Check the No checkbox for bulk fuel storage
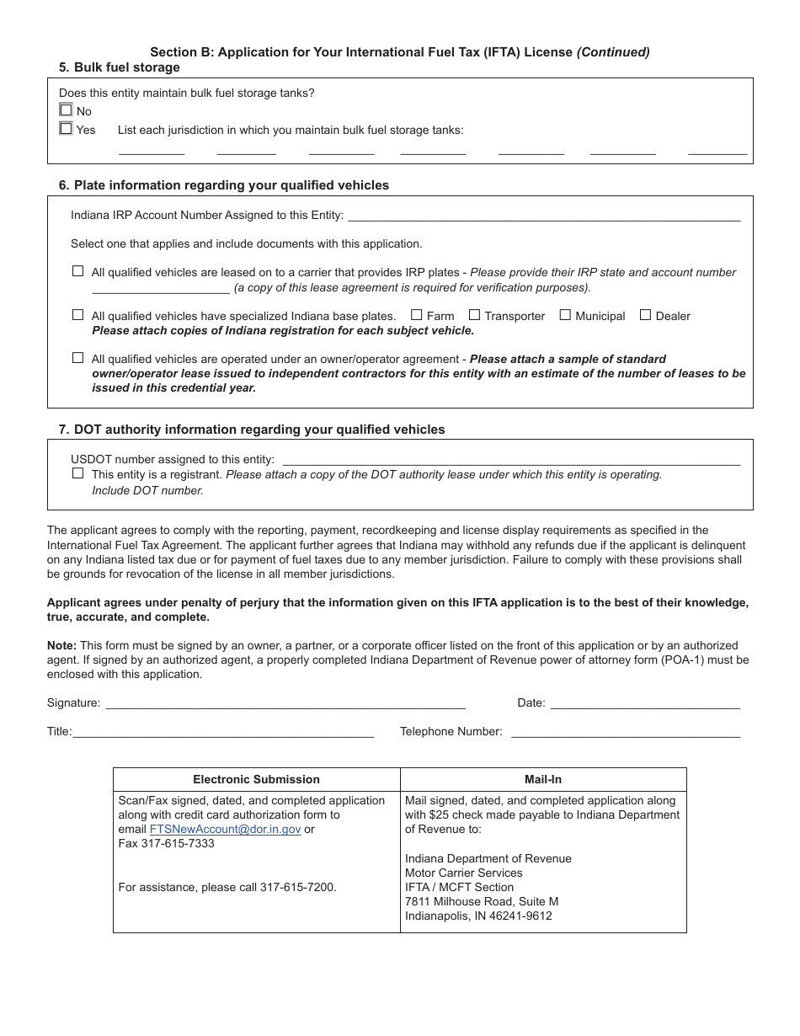66,110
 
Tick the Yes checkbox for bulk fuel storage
66,129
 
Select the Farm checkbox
416,315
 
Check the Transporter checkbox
474,315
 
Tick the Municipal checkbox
565,315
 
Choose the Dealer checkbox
645,315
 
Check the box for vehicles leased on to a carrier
77,271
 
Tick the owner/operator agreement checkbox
77,358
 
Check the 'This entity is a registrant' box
77,473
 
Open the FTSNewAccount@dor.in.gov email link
225,830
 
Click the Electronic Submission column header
256,780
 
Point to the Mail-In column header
543,780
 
